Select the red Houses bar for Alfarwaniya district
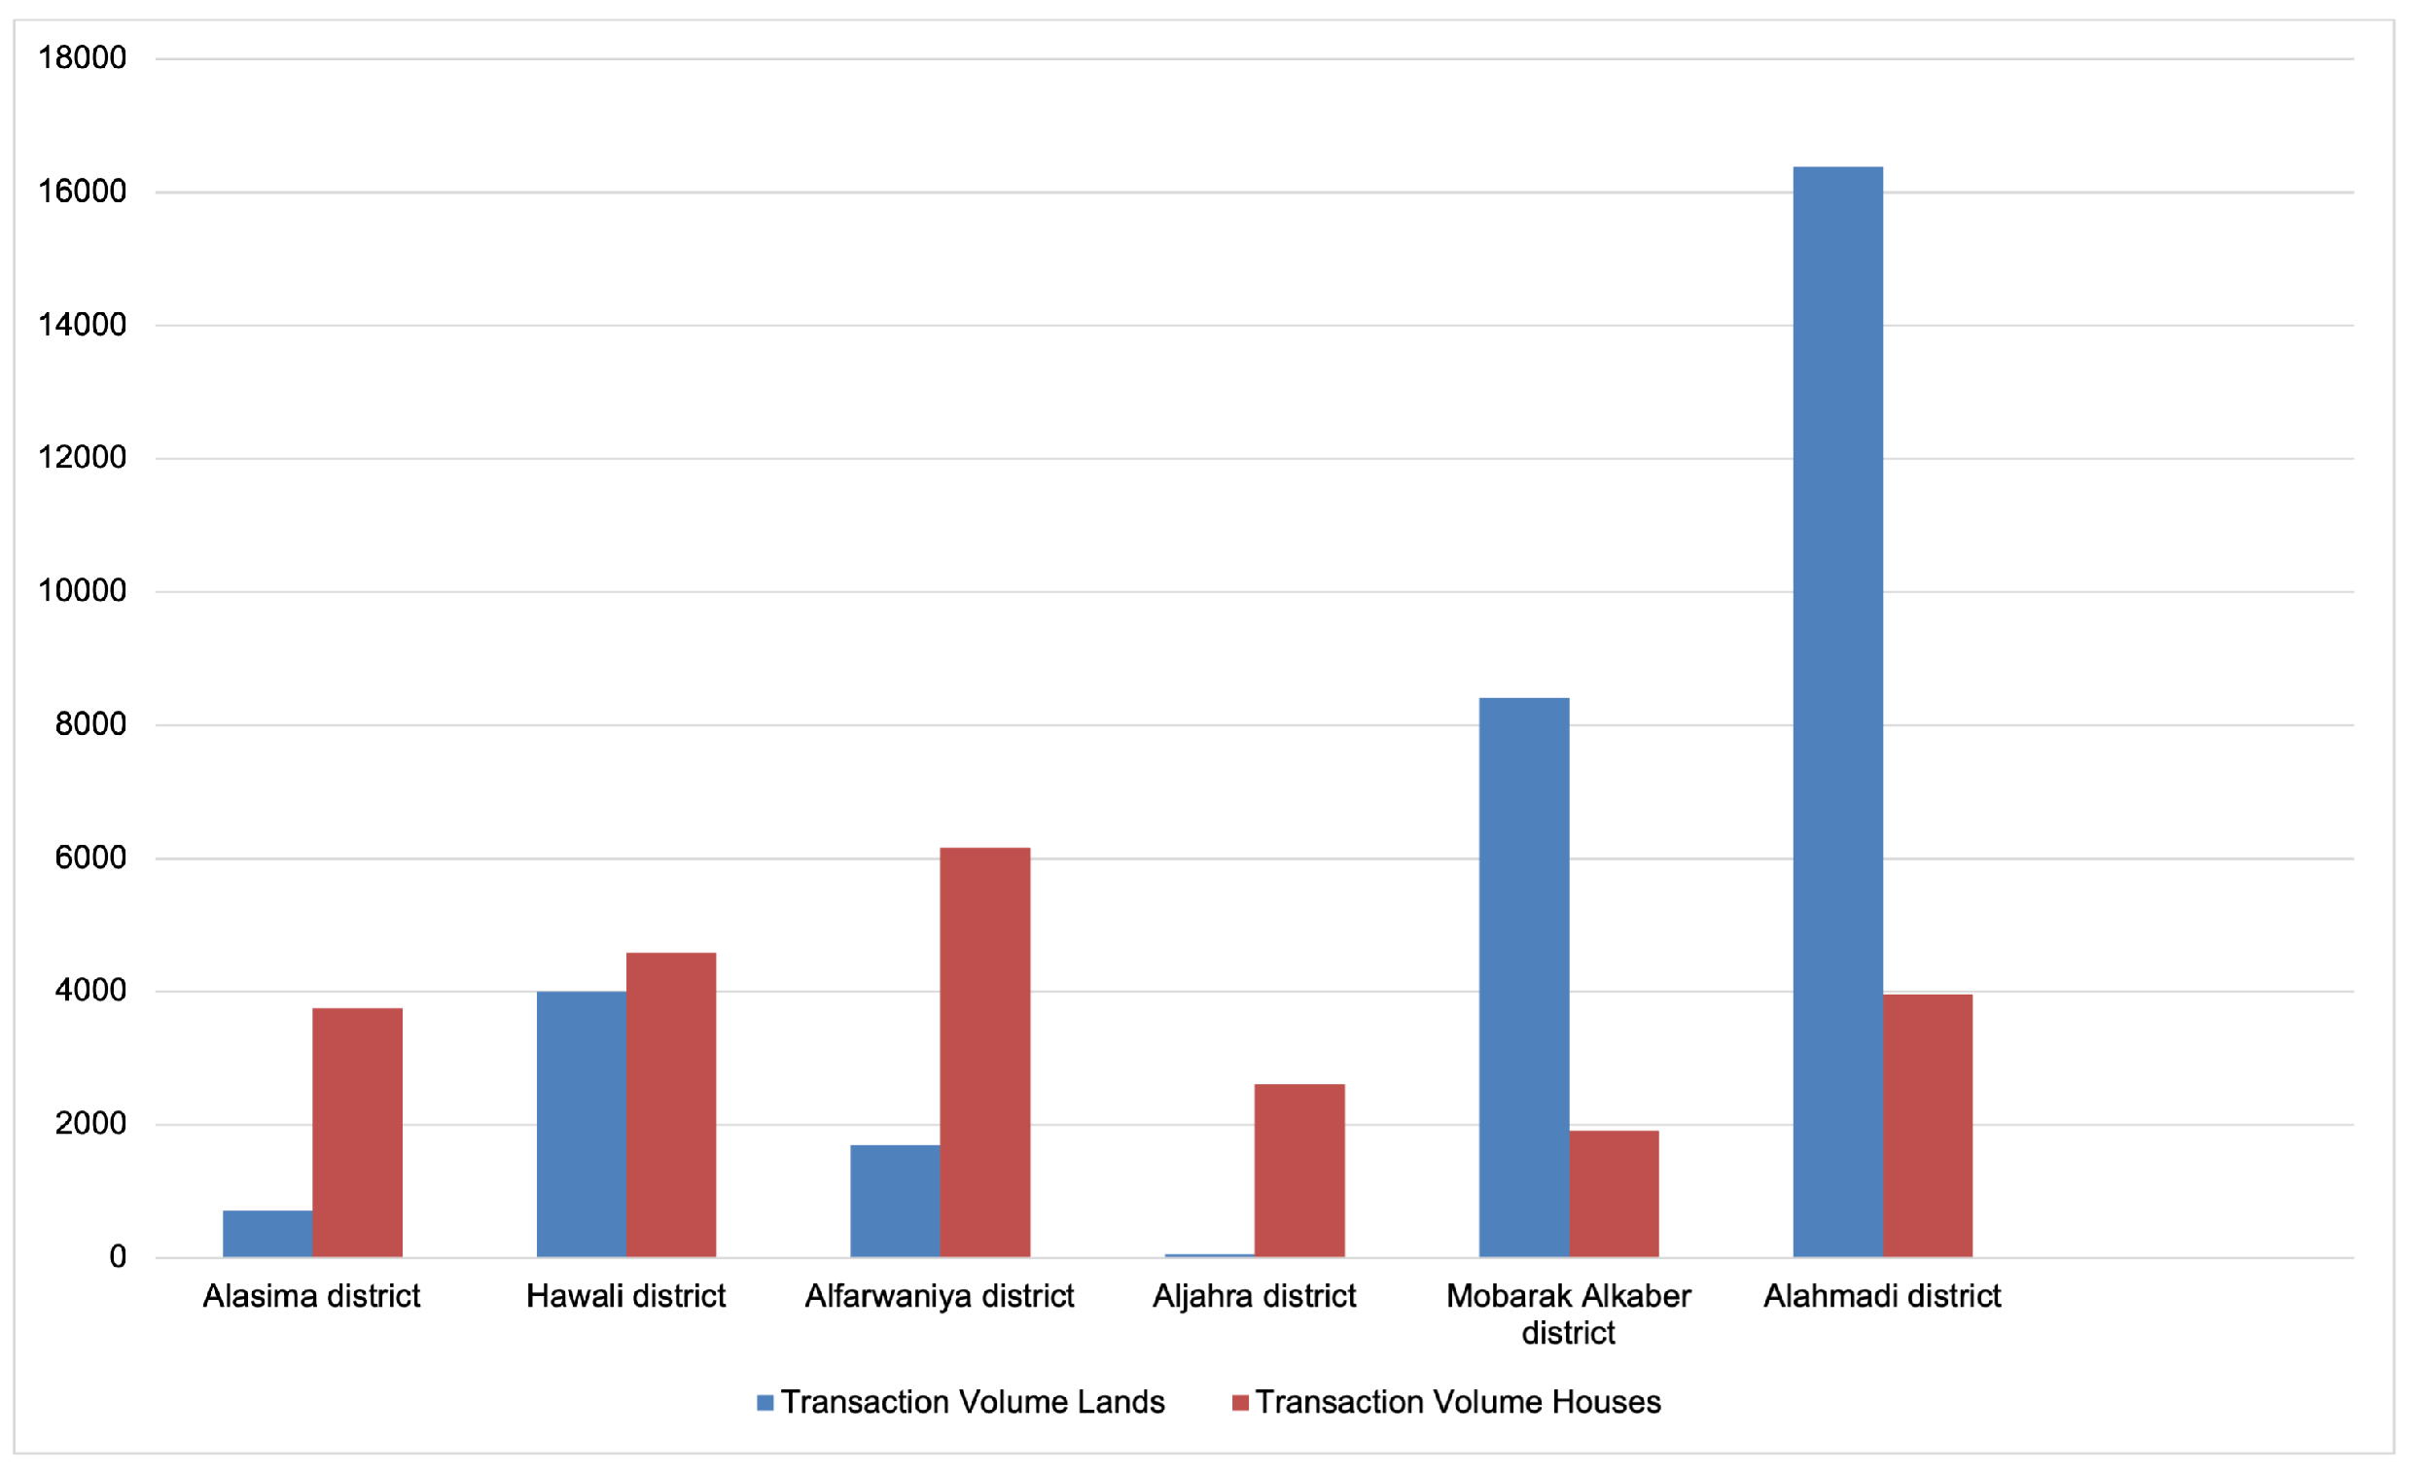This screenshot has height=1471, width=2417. point(985,1051)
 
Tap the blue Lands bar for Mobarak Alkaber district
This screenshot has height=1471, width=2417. point(1523,977)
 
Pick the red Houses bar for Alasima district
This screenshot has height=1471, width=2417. point(357,1132)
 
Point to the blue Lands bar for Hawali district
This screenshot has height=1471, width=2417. point(581,1124)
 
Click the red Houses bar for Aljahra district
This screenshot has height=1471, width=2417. point(1298,1170)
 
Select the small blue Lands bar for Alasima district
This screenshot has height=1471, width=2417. point(267,1233)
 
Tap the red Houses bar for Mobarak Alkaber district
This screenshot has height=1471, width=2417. point(1614,1194)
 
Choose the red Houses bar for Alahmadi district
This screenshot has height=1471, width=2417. point(1928,1126)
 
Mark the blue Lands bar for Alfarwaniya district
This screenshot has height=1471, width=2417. point(895,1201)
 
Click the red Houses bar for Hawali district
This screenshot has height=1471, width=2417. point(671,1104)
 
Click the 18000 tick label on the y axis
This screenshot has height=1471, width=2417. point(83,58)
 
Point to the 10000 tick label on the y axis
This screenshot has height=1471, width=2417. point(83,590)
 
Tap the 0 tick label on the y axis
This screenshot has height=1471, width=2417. point(118,1256)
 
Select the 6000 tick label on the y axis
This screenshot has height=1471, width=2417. point(90,858)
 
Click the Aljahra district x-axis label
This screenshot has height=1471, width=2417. point(1254,1296)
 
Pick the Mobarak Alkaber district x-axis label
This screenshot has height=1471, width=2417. point(1568,1314)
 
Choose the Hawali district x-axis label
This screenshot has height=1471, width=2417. point(625,1296)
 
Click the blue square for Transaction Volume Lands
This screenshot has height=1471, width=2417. point(765,1402)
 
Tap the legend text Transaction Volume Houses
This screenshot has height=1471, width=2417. point(1458,1402)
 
